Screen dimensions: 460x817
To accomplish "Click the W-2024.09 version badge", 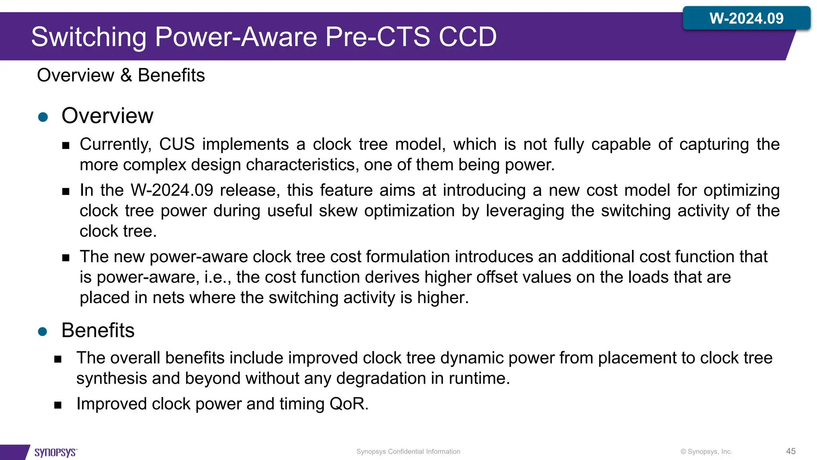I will click(x=746, y=18).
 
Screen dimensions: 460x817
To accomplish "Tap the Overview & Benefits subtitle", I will click(x=121, y=75).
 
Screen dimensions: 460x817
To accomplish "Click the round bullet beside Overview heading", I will click(x=43, y=117).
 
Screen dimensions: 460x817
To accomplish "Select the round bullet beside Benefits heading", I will click(x=43, y=331).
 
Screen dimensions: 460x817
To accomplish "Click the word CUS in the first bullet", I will click(x=177, y=144).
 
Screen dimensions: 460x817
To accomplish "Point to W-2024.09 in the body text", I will click(x=172, y=190).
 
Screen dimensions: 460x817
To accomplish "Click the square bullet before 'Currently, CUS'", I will click(x=66, y=145).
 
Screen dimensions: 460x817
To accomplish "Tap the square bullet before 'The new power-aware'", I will click(x=66, y=258).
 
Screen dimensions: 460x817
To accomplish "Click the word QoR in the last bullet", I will click(x=347, y=404).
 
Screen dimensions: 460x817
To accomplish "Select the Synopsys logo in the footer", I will click(x=55, y=452).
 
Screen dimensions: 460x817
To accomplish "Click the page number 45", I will click(x=791, y=451).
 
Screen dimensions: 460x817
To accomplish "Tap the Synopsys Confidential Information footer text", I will click(x=408, y=452).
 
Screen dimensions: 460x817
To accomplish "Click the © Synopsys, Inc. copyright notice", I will click(x=706, y=452).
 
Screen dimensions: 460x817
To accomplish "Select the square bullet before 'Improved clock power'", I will click(x=58, y=405).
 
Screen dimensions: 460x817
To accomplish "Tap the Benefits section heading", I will click(x=98, y=330).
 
